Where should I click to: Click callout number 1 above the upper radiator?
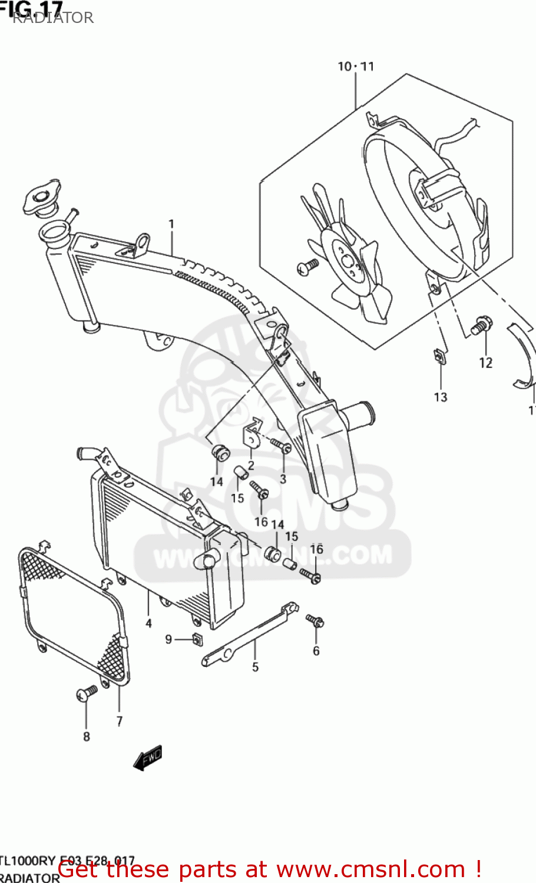click(x=171, y=224)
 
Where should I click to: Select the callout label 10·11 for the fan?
click(x=355, y=67)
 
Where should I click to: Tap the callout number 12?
click(x=485, y=363)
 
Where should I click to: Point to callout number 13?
click(x=441, y=397)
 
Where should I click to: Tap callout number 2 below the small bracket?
click(x=251, y=465)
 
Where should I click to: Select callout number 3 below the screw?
click(x=283, y=479)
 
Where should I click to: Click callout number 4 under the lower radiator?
click(x=148, y=623)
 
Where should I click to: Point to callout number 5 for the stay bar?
click(x=255, y=667)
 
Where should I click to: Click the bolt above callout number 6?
click(x=315, y=620)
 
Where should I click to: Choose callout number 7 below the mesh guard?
click(x=120, y=721)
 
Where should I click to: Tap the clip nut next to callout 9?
click(x=197, y=639)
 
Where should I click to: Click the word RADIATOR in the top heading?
click(x=53, y=18)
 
